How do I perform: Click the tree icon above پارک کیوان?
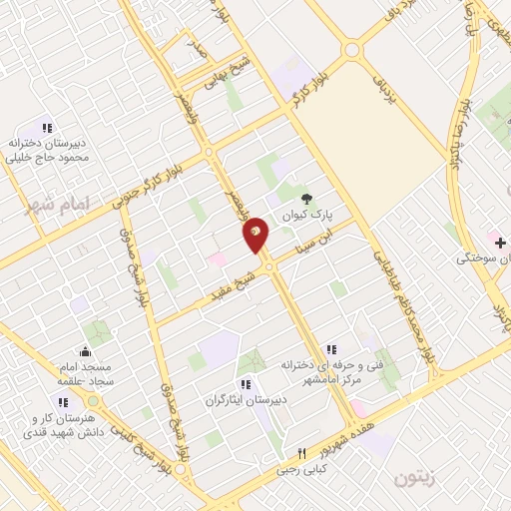pyautogui.click(x=306, y=198)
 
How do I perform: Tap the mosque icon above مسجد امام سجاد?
pyautogui.click(x=86, y=351)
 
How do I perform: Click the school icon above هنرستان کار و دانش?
pyautogui.click(x=62, y=402)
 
